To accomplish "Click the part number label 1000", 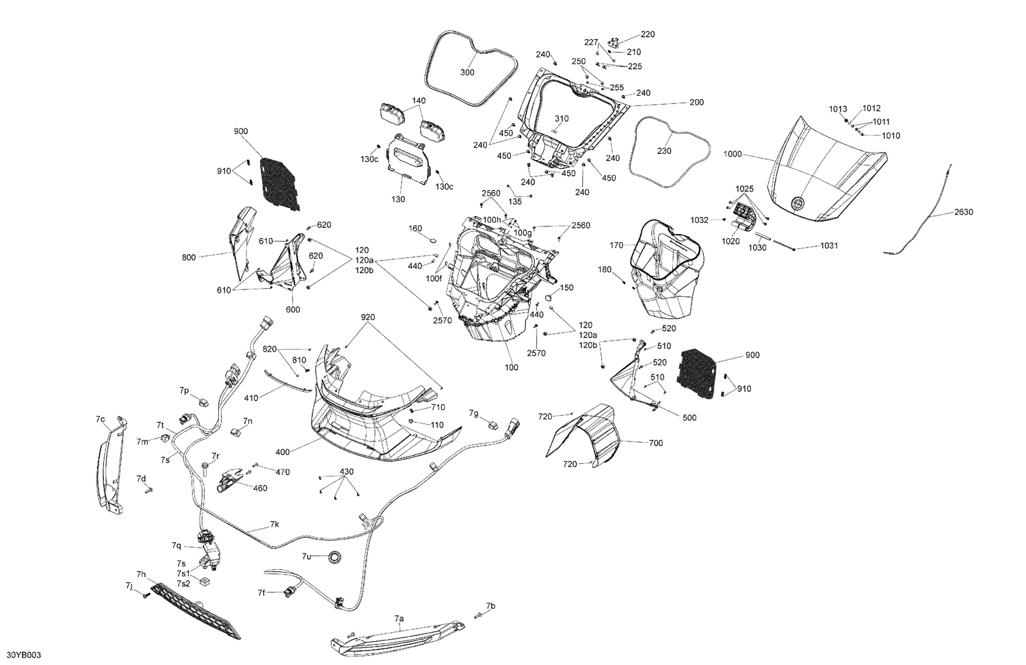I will click(x=732, y=155).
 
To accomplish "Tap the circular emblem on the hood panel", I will click(x=798, y=203).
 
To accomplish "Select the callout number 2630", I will click(x=963, y=212).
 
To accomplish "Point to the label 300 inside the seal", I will click(x=466, y=73).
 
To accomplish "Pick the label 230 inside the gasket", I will click(x=663, y=151).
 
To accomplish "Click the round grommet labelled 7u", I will click(x=335, y=558).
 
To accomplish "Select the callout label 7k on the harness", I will click(x=274, y=524).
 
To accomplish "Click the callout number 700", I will click(x=655, y=443).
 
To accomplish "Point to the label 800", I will click(x=189, y=257).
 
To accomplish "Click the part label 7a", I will click(x=399, y=618).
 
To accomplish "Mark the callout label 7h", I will click(x=141, y=574).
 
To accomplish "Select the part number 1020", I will click(x=731, y=241).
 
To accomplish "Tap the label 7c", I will click(x=100, y=418).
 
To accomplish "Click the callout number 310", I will click(x=561, y=119).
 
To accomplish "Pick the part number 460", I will click(x=260, y=488).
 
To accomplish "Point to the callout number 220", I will click(x=647, y=34).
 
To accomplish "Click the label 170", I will click(x=616, y=245).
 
